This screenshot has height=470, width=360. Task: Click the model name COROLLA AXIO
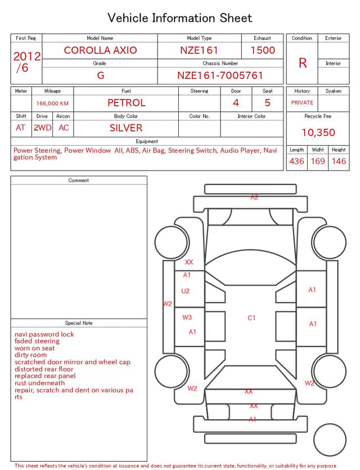(x=100, y=50)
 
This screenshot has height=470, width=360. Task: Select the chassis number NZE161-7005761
(x=220, y=75)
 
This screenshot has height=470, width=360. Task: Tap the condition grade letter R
(x=303, y=63)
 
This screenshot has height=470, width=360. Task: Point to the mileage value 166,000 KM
(x=52, y=104)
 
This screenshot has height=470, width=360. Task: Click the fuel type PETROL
(x=127, y=103)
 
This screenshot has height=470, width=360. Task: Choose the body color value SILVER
(x=126, y=128)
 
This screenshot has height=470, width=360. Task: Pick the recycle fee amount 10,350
(x=318, y=132)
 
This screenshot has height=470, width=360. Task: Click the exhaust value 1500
(x=263, y=50)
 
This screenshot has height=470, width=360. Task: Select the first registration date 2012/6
(x=26, y=62)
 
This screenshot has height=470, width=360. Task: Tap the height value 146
(x=339, y=161)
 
